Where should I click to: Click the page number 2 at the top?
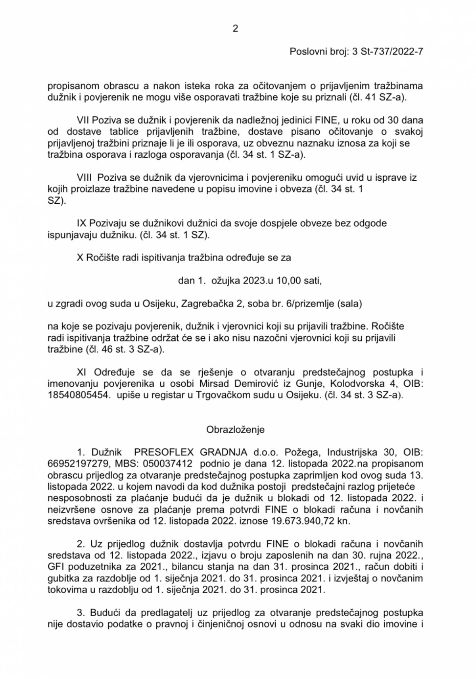click(x=235, y=29)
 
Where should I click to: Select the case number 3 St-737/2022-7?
click(x=388, y=52)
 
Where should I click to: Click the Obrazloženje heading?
click(x=235, y=430)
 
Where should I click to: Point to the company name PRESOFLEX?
click(x=164, y=452)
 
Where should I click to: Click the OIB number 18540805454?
click(x=78, y=395)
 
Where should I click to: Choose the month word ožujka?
click(x=225, y=281)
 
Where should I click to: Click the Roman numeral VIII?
click(x=84, y=177)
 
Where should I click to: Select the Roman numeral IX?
click(x=81, y=223)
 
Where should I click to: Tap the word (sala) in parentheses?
click(x=349, y=304)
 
